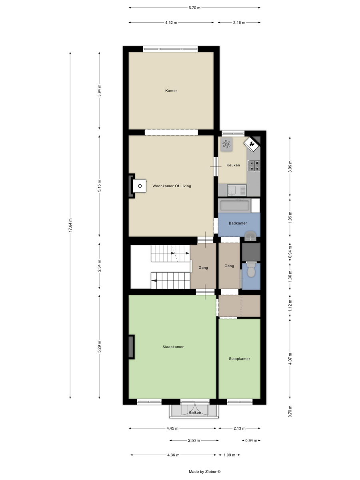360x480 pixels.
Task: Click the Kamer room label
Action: [171, 90]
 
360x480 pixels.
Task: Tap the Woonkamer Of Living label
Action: [172, 186]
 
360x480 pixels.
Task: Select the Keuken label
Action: [233, 165]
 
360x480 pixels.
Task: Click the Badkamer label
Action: [238, 223]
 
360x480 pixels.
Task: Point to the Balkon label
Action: [195, 412]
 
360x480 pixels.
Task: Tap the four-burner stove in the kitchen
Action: [254, 166]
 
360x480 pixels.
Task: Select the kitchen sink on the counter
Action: [237, 190]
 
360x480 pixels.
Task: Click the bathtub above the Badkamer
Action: [235, 206]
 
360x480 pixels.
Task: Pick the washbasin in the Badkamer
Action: [251, 236]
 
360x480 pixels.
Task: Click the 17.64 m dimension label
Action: [70, 225]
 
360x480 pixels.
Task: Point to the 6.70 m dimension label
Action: [194, 8]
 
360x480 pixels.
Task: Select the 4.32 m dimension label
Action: [171, 22]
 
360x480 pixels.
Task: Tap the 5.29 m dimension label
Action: [99, 347]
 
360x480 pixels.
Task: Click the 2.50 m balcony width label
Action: [194, 440]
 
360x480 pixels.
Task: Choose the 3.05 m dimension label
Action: [290, 166]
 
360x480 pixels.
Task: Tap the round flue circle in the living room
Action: [140, 186]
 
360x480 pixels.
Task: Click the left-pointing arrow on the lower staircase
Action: [154, 280]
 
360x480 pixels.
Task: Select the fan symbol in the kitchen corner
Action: [226, 144]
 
